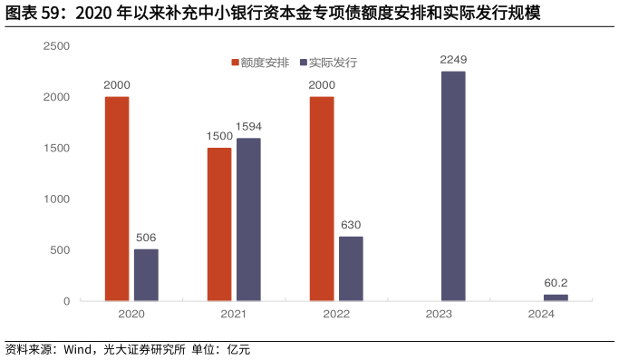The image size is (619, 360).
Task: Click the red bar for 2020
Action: click(116, 199)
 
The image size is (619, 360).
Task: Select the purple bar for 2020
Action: click(146, 275)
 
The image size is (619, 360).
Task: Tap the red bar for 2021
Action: click(218, 224)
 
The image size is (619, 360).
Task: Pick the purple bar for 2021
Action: click(248, 219)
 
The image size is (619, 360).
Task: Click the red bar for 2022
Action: click(321, 199)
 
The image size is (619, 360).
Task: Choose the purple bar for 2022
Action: click(351, 268)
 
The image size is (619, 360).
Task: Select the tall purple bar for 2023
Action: click(453, 186)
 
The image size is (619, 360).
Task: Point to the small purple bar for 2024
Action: click(556, 297)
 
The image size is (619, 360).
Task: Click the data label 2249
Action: click(453, 60)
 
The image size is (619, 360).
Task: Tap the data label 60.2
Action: click(556, 283)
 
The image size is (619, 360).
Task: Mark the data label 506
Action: click(146, 238)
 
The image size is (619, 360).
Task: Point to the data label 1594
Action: click(248, 127)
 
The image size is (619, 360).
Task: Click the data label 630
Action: click(351, 225)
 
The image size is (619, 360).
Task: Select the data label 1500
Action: click(218, 136)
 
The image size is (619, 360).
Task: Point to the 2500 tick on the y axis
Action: click(57, 45)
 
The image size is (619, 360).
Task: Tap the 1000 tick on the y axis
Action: click(57, 199)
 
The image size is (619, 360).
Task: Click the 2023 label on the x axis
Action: click(440, 314)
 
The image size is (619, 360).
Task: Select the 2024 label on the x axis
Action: click(542, 314)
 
